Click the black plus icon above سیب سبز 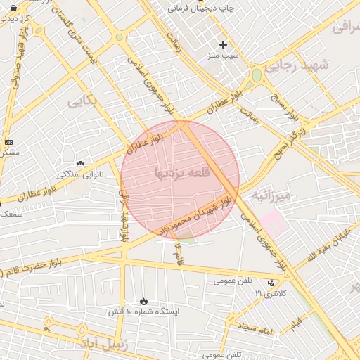coord(224,44)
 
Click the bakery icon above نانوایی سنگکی coord(80,163)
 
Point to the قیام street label coord(296,323)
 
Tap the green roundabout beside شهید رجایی coord(257,75)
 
